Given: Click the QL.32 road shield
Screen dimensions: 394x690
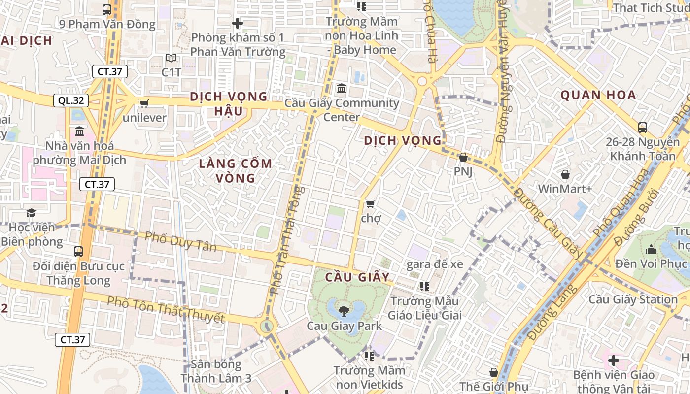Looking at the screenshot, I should pos(71,100).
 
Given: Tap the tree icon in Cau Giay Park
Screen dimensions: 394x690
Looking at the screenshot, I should pos(344,311).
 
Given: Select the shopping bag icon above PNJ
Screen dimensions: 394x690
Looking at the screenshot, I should pos(463,158).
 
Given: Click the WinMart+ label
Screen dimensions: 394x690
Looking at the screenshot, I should pos(565,189).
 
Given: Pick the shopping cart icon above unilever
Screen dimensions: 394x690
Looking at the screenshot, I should pos(144,103).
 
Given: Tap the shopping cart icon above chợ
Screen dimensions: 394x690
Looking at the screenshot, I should pos(371,203).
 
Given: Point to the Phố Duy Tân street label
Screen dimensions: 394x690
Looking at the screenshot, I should pos(180,241).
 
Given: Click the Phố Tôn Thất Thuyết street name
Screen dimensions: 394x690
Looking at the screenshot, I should pos(166,310).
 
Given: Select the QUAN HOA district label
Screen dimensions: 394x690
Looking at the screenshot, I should pos(598,95).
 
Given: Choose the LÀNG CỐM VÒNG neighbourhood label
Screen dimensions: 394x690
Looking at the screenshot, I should pos(235,170).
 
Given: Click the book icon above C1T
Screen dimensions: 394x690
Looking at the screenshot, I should pos(171,58).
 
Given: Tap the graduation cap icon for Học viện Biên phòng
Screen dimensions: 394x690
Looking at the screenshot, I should pos(32,213).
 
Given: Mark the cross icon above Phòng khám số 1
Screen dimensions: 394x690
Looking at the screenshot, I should pos(238,23).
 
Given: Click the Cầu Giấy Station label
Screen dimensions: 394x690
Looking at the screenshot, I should pos(633,299).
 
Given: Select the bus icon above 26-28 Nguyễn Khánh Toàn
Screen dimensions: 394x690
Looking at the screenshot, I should pos(642,128).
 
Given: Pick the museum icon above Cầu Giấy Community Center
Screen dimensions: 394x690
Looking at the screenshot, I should pos(341,89).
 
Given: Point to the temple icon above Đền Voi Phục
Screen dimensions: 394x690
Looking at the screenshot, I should pos(651,249).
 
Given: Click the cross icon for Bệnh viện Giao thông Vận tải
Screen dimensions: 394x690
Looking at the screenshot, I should pos(613,361).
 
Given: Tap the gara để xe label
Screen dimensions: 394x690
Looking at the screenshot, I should pos(435,264).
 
